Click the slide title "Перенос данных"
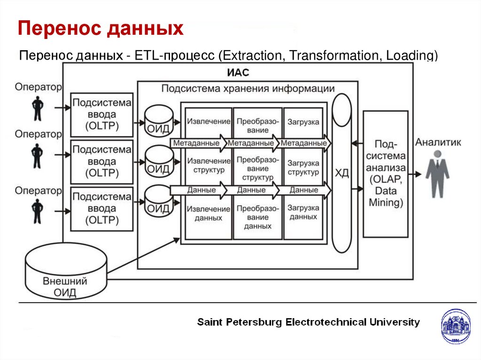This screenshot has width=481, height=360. (x=101, y=29)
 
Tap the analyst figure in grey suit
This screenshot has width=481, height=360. (x=437, y=174)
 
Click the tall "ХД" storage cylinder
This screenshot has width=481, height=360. (x=342, y=173)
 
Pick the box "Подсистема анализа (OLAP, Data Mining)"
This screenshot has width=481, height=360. (x=386, y=174)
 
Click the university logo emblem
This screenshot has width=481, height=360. (x=455, y=327)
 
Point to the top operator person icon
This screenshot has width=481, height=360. (x=37, y=109)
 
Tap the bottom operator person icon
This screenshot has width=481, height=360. (x=37, y=211)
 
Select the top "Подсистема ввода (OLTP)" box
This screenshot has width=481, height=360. (x=102, y=115)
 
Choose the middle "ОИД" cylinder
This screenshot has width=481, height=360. (x=158, y=162)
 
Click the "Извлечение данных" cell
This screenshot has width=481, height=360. (x=209, y=214)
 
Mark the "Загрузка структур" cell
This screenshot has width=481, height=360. (x=303, y=168)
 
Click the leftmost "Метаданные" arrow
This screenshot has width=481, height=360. (x=198, y=143)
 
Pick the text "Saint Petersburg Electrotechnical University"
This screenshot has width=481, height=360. (x=309, y=322)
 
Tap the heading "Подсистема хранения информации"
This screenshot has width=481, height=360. (x=248, y=89)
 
